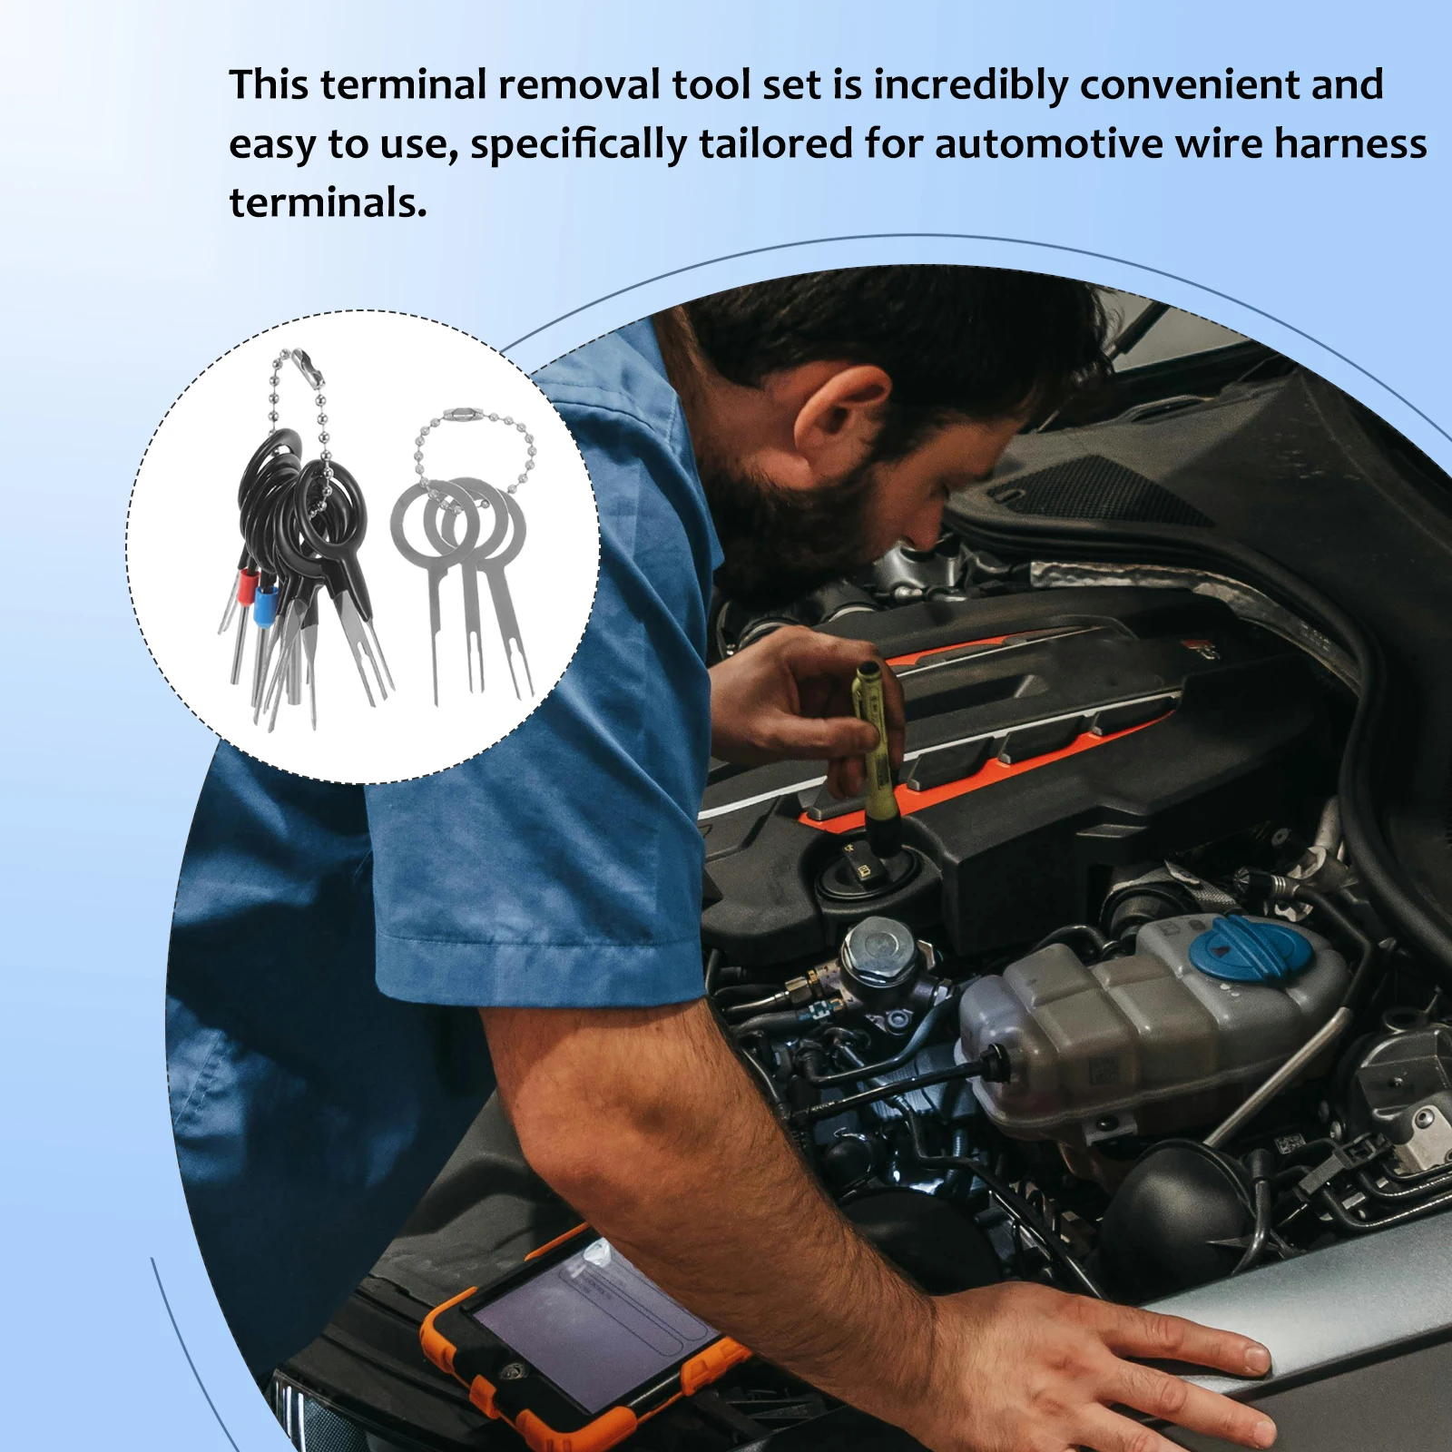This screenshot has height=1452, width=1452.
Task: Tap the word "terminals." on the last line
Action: click(x=328, y=201)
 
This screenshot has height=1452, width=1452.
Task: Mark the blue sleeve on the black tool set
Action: click(x=265, y=601)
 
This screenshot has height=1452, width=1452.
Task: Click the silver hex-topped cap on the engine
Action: click(x=876, y=947)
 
